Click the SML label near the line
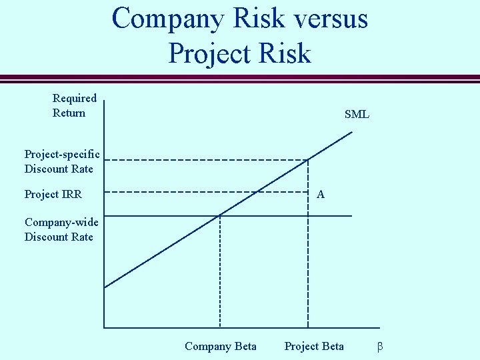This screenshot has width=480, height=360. click(x=357, y=115)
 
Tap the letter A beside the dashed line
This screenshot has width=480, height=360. click(x=321, y=195)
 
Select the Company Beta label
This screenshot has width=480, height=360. click(x=220, y=346)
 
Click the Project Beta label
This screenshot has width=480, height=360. click(x=314, y=346)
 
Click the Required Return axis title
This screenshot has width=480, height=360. click(x=74, y=105)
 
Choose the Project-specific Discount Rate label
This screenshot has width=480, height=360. click(x=62, y=161)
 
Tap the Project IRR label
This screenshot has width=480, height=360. click(x=53, y=195)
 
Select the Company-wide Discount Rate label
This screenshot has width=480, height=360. click(x=61, y=229)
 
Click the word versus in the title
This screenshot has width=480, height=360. click(x=326, y=18)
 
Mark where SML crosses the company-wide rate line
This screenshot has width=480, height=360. click(x=219, y=215)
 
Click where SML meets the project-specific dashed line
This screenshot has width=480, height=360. click(x=308, y=159)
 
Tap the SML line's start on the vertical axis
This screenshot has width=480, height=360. click(x=105, y=287)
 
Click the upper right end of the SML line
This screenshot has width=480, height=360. click(x=351, y=132)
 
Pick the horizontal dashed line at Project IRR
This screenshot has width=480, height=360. click(x=207, y=192)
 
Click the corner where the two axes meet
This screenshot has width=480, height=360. click(x=105, y=327)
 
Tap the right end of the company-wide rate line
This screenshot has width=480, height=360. click(x=351, y=216)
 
